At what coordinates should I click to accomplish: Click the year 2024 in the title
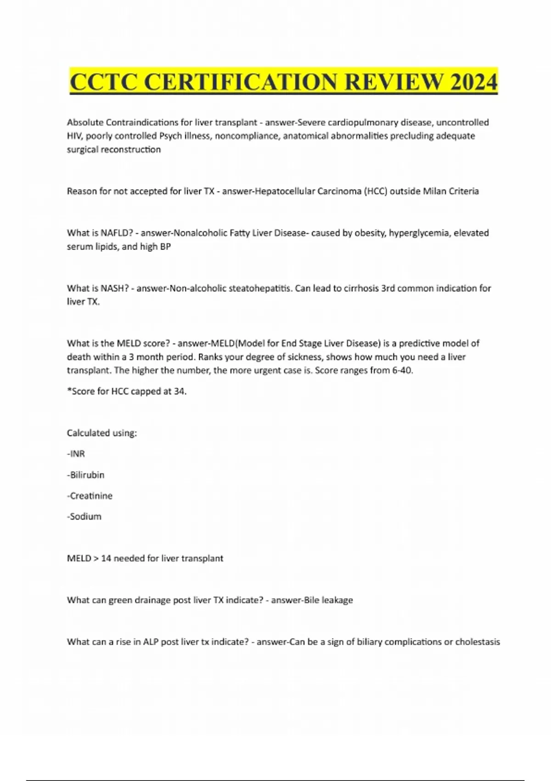point(474,82)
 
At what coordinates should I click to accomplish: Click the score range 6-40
point(403,370)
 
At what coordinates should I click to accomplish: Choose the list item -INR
point(76,454)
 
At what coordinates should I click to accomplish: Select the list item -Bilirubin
point(86,475)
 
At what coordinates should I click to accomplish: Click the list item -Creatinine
point(90,496)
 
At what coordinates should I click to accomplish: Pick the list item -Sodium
point(84,516)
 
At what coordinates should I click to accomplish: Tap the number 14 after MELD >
point(106,558)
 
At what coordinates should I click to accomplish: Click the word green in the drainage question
point(120,600)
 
